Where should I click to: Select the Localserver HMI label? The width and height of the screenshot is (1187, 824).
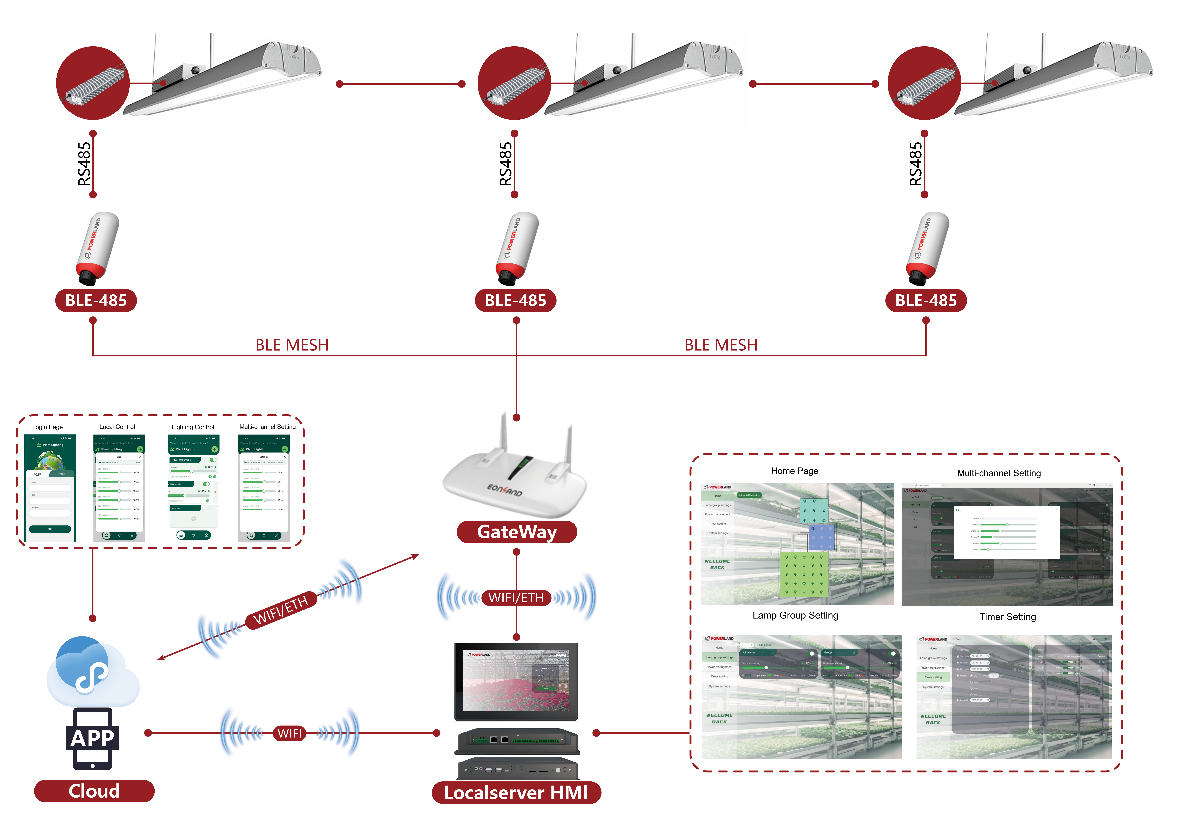[x=516, y=793]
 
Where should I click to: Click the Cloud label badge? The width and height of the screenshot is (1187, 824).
[x=94, y=791]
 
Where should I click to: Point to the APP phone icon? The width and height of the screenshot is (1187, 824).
[x=92, y=738]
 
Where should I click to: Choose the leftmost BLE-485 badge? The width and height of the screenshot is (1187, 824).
[x=96, y=301]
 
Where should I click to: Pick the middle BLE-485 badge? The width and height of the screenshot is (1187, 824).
[x=515, y=301]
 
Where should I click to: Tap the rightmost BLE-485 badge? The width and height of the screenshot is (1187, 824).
[x=926, y=301]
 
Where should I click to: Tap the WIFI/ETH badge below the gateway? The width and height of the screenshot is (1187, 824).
[x=516, y=598]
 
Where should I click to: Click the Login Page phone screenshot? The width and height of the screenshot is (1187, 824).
[x=50, y=488]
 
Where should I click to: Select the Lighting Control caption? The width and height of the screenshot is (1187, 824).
[x=193, y=427]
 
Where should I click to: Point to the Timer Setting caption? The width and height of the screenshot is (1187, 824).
[x=1007, y=617]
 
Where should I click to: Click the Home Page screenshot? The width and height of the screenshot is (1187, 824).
[x=797, y=544]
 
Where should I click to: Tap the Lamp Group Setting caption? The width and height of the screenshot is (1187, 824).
[x=795, y=615]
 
